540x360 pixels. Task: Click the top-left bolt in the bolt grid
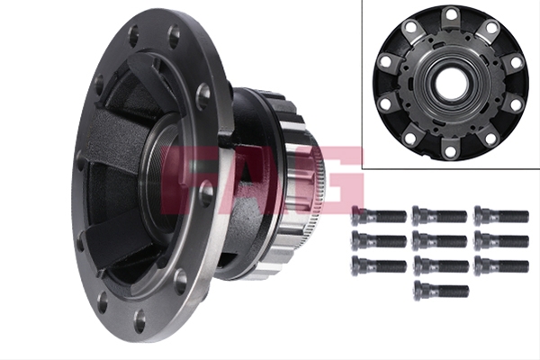pos(379,216)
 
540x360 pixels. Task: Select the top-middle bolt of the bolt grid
pos(439,216)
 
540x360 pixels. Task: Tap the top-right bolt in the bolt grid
pos(501,216)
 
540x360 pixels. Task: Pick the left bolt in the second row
pos(379,240)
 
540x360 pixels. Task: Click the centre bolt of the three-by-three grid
pos(439,240)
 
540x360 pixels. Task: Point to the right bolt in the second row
pos(501,240)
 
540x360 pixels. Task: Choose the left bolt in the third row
pos(379,265)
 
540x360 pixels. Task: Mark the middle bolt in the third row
pos(441,265)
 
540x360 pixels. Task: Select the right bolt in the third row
pos(501,265)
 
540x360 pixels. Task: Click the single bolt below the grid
pos(441,291)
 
